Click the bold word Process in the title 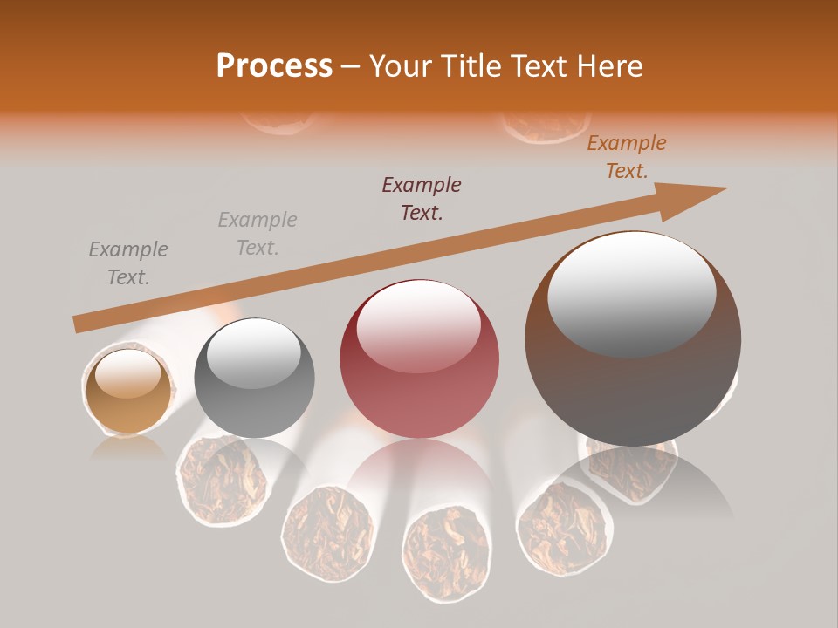click(274, 66)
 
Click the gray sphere click(254, 379)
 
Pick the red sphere click(419, 359)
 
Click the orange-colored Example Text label click(626, 157)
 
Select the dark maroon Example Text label click(422, 199)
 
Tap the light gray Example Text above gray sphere click(258, 234)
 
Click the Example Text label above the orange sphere click(128, 263)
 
